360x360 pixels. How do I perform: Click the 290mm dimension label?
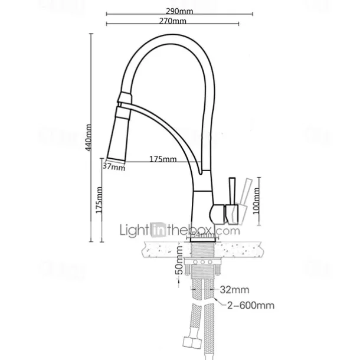(180, 10)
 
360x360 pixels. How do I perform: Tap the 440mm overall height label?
(89, 138)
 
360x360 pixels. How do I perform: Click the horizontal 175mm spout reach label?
(163, 159)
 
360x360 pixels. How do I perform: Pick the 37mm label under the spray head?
(114, 167)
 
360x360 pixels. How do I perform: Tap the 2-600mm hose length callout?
(250, 305)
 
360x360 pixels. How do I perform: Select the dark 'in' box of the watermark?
(158, 230)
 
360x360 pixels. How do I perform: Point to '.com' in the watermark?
(231, 230)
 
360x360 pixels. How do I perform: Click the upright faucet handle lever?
(233, 190)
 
